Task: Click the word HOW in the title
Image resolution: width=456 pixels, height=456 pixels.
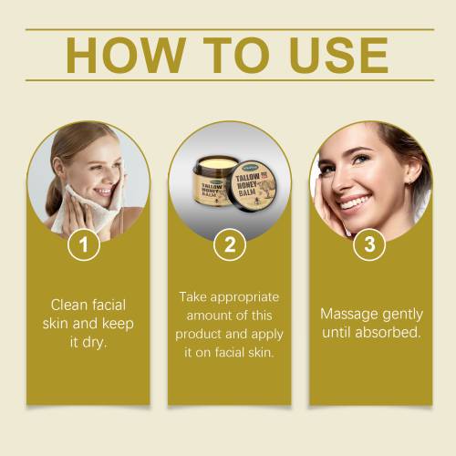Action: pos(126,56)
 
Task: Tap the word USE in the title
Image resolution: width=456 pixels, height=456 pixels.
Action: pos(339,56)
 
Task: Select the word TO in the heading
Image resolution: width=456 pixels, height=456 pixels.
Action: pos(236,56)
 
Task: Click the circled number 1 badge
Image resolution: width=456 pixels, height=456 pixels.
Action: pos(84,244)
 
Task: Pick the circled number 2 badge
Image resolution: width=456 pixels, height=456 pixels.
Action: pos(230,244)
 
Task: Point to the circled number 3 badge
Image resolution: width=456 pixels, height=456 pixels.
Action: pos(369,244)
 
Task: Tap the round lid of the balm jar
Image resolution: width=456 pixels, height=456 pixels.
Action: pos(254,186)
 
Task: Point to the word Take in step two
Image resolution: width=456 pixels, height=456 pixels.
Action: pos(192,297)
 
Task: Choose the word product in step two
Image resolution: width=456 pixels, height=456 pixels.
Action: pos(198,335)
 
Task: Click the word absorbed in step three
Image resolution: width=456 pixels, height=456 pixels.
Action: pos(388,332)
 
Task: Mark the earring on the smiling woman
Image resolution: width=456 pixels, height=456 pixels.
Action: pos(410,181)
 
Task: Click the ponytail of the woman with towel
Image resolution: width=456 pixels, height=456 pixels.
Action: pos(54,194)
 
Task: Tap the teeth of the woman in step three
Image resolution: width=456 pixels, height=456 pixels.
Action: pos(355,202)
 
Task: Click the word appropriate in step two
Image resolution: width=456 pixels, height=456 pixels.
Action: pos(244,298)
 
